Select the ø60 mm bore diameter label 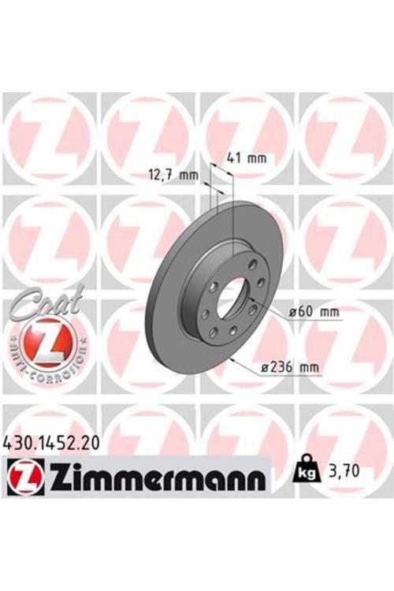coord(314,312)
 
